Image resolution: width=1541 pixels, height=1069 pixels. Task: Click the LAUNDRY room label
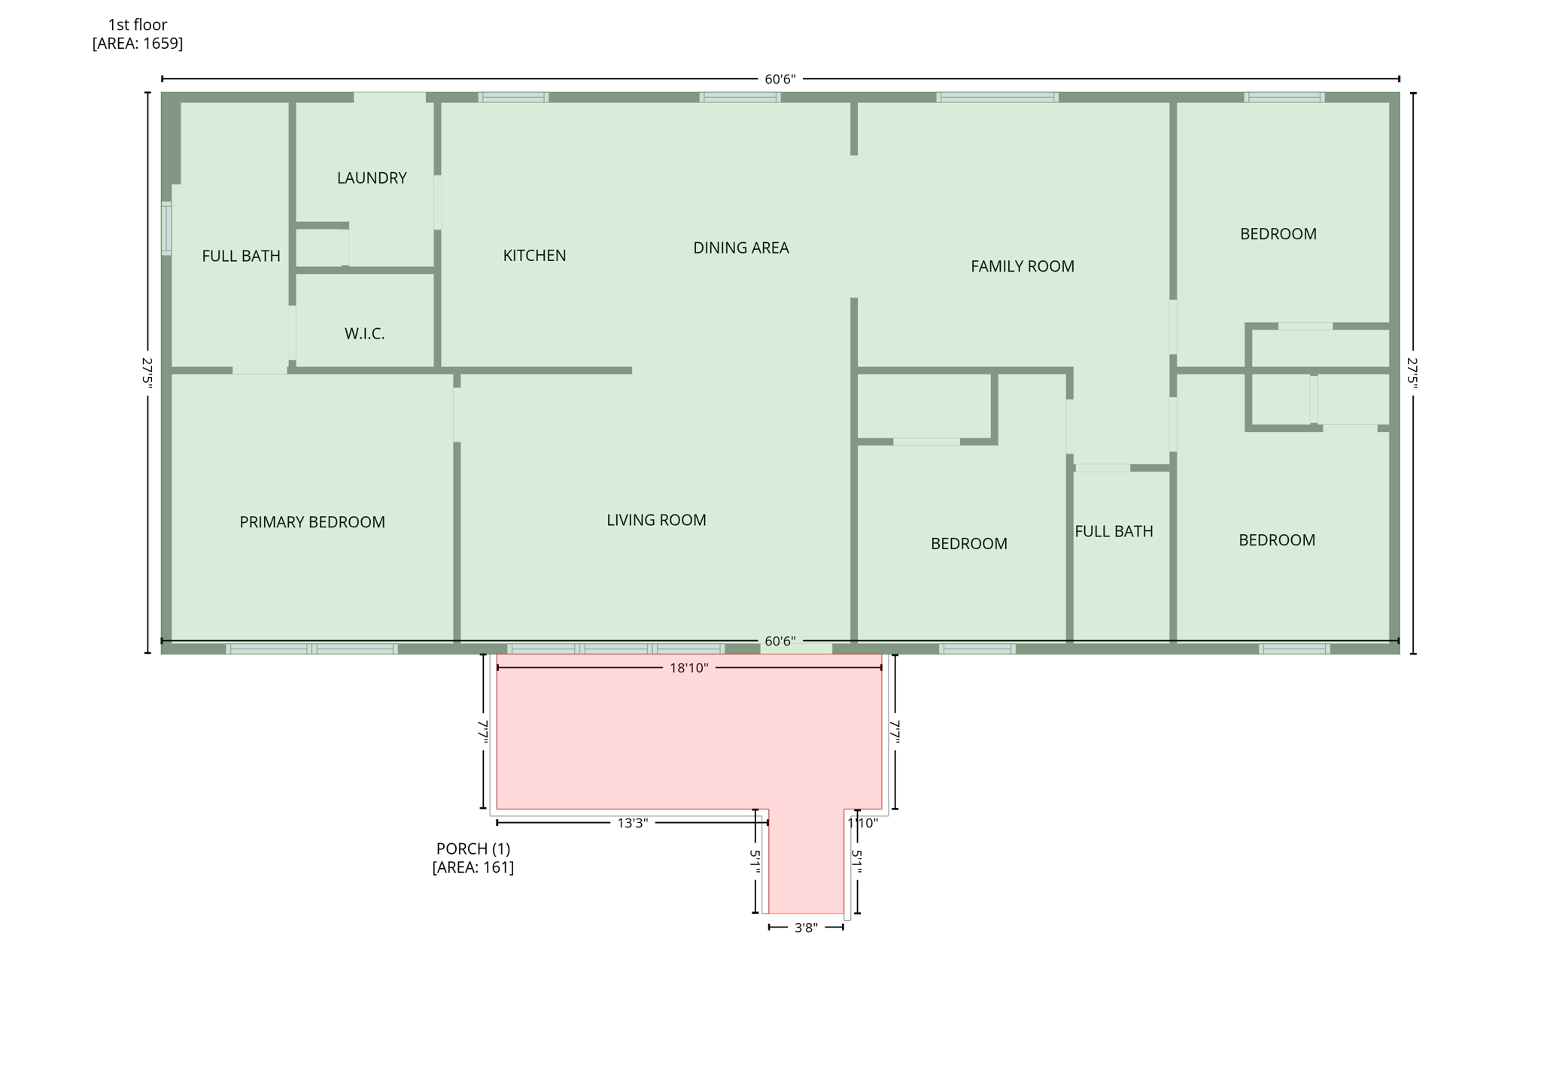(372, 178)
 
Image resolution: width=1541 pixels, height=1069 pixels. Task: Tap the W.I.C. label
(365, 334)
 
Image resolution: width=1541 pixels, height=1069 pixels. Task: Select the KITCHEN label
(534, 256)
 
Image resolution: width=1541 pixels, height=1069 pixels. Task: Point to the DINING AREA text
(740, 248)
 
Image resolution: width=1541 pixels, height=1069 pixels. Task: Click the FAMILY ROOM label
(1022, 266)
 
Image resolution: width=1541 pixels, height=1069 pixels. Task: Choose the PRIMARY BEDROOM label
(312, 522)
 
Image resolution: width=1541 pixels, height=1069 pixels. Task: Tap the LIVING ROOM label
(656, 520)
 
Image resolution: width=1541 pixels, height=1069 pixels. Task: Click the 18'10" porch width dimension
(688, 668)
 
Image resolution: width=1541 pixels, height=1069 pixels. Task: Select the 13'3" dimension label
(632, 823)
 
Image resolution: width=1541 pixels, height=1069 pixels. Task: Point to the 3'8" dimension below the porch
(806, 928)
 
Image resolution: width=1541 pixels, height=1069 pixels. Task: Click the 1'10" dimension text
(862, 823)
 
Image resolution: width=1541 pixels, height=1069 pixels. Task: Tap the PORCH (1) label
(473, 849)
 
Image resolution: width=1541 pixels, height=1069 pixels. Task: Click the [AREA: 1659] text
(138, 44)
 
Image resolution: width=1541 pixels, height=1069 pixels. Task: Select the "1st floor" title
(138, 25)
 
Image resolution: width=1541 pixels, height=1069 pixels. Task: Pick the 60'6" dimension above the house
(780, 79)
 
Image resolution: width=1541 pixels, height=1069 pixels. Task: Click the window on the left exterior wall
(166, 228)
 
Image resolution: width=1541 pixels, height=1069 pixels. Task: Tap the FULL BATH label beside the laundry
(241, 257)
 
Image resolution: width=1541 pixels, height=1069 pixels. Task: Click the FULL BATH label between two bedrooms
(1114, 532)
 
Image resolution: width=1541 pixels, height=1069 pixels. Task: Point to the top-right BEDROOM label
(1278, 234)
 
